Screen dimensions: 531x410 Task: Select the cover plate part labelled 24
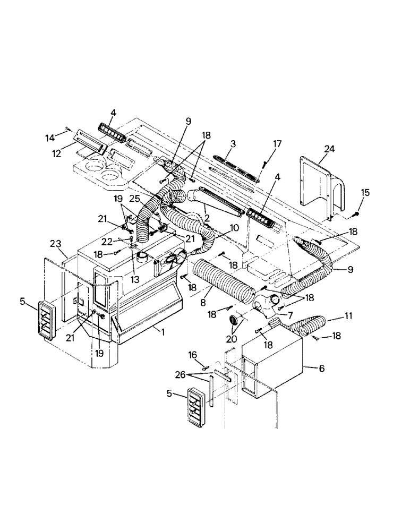[x=319, y=186]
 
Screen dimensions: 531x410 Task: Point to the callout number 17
[x=278, y=143]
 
